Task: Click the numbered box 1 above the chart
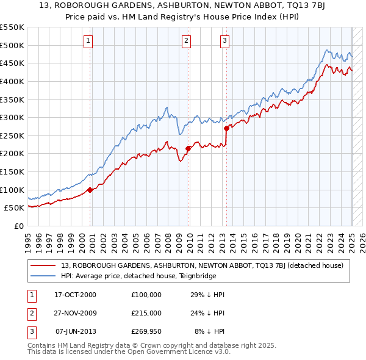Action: (x=88, y=41)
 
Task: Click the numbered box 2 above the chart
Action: (x=186, y=41)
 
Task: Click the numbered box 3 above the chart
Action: (x=224, y=41)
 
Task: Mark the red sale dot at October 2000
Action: (x=90, y=190)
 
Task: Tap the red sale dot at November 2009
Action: (x=188, y=148)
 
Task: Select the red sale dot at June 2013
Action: (x=226, y=128)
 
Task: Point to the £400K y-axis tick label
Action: (x=12, y=81)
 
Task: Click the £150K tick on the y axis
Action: (x=12, y=172)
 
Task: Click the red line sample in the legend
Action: (x=43, y=265)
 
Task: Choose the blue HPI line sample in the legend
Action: (x=43, y=275)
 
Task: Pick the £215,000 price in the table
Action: (x=146, y=313)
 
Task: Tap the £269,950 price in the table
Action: (x=146, y=332)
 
